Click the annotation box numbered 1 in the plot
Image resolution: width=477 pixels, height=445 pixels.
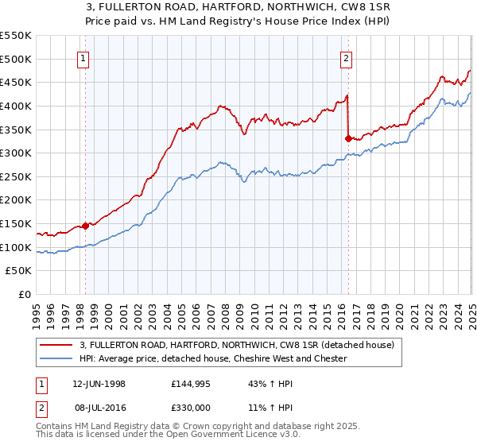[84, 57]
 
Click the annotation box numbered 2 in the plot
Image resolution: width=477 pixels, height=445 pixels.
[347, 57]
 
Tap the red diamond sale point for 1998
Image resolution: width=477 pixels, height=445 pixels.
[86, 226]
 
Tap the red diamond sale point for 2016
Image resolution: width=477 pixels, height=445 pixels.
[348, 138]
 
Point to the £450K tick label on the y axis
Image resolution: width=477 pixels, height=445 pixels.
[16, 82]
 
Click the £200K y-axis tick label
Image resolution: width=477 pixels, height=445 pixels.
[16, 200]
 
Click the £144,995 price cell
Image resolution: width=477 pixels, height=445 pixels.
[195, 384]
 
